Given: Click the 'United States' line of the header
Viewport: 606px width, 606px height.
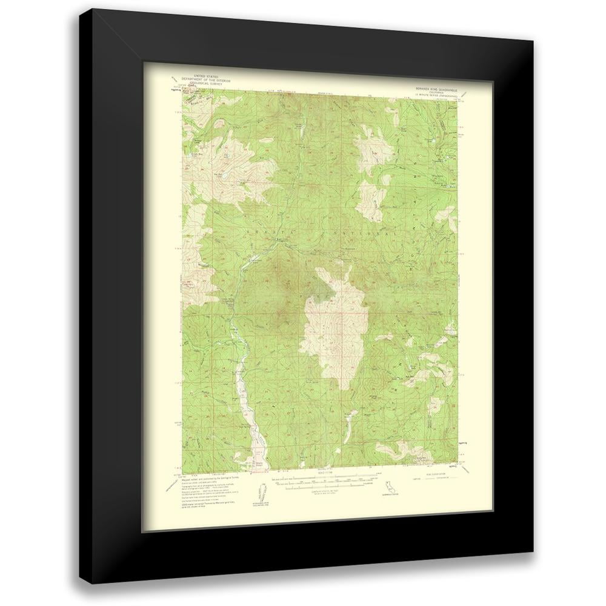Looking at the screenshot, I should click(x=202, y=78).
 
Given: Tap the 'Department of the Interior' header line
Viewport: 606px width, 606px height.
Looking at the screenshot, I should click(x=202, y=81).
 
